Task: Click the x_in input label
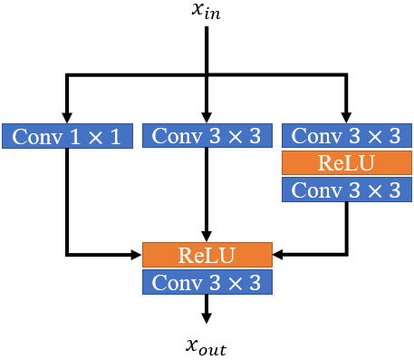pos(207,13)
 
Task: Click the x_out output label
pos(207,346)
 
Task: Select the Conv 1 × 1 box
pos(69,136)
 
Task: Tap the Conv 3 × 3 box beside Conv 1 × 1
pos(207,136)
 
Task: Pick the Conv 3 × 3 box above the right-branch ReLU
pos(345,136)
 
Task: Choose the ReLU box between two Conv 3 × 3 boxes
pos(345,162)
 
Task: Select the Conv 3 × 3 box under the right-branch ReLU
pos(345,190)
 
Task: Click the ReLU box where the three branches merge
pos(207,255)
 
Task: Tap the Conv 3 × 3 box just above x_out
pos(207,282)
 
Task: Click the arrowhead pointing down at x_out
pos(207,317)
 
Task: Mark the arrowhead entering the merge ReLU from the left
pos(138,255)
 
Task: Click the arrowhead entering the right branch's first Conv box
pos(345,118)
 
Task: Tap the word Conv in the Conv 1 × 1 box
pos(34,136)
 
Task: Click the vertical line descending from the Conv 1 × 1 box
pos(69,199)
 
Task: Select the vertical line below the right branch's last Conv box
pos(345,227)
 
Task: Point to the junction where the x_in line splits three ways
pos(207,75)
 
